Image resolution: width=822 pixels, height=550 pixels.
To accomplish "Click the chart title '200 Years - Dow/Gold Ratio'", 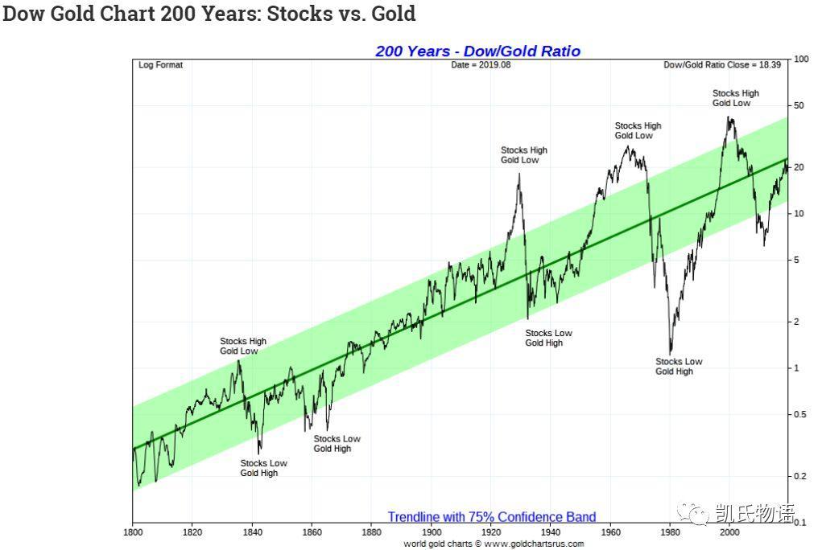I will [477, 51].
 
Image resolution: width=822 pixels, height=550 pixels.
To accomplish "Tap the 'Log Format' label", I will [160, 65].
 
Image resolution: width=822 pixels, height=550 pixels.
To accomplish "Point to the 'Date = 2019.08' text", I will [481, 65].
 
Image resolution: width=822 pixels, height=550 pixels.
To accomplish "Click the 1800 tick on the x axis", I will [133, 532].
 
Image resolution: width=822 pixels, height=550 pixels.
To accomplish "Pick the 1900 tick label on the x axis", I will [432, 532].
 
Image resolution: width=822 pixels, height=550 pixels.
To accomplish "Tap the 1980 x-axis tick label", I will [670, 532].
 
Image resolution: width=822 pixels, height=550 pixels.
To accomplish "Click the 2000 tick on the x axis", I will [729, 532].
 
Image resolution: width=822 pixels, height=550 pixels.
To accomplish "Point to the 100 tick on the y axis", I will [801, 60].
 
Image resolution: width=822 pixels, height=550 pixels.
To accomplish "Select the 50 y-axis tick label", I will [799, 106].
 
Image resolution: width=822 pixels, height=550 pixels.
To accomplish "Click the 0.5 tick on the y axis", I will [800, 415].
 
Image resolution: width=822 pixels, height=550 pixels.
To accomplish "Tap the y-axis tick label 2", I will [797, 322].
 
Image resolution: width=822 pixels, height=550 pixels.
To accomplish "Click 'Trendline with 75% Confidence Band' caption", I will [492, 517].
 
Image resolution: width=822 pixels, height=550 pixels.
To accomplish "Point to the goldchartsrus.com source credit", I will [494, 544].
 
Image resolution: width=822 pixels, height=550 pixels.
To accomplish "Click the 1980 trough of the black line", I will [670, 352].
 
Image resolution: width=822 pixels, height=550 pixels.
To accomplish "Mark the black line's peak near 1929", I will [518, 174].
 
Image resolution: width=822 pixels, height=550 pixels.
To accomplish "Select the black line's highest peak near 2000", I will [729, 117].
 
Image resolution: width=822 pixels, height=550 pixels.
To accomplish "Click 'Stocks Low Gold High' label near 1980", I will [678, 367].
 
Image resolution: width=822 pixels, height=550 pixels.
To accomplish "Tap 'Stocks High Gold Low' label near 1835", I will [242, 347].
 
